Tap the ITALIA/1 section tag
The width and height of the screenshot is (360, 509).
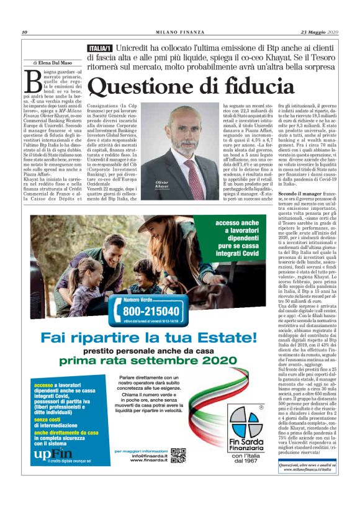coord(100,48)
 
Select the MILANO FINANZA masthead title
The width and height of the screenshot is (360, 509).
coord(180,32)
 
